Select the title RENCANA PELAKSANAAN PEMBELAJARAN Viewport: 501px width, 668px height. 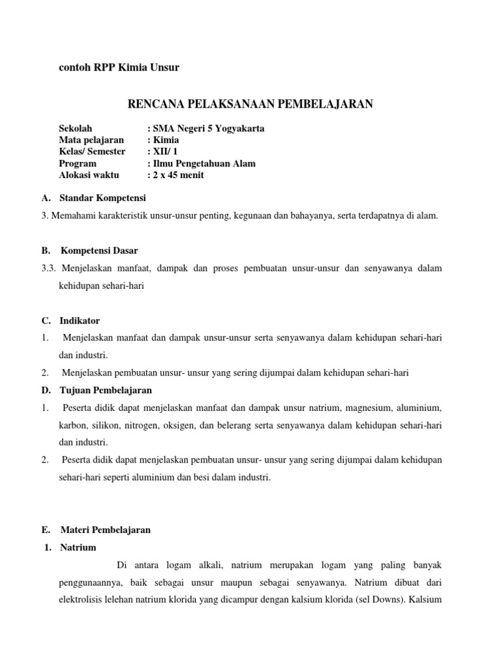pyautogui.click(x=250, y=104)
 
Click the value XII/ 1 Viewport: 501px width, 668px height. pyautogui.click(x=163, y=151)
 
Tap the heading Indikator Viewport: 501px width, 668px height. pyautogui.click(x=80, y=320)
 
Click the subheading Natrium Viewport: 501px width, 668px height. pyautogui.click(x=78, y=547)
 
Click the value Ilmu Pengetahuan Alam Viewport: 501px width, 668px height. pyautogui.click(x=204, y=163)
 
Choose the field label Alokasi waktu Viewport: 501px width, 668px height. pyautogui.click(x=87, y=175)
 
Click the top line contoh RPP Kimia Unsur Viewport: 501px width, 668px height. pyautogui.click(x=119, y=67)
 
